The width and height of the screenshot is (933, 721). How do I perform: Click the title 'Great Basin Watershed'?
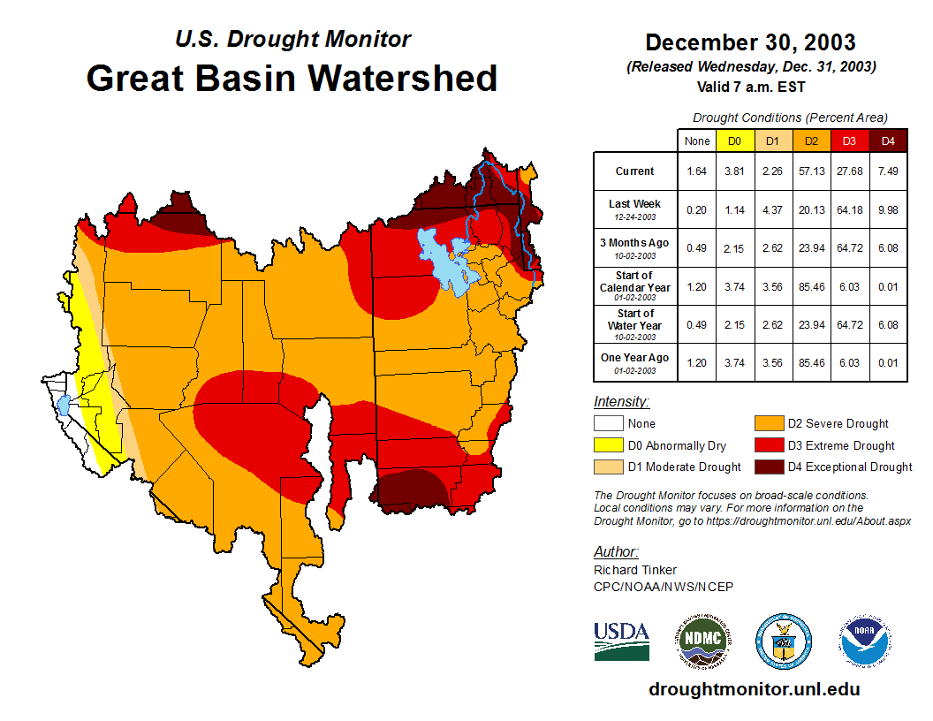[292, 78]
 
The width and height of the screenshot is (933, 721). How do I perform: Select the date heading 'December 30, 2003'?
[750, 42]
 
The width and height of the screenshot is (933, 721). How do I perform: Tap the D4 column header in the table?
[888, 140]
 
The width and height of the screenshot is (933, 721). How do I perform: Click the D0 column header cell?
[733, 140]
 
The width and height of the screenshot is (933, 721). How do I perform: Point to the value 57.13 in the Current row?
[811, 171]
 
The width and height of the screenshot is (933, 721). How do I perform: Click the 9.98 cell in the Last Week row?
[888, 209]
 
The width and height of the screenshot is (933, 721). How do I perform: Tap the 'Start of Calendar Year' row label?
[635, 281]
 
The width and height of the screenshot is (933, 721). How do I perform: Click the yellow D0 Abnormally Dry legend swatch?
[606, 445]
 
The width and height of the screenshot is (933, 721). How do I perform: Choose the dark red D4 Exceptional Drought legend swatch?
[768, 467]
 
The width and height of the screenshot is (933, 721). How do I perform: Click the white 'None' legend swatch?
[606, 424]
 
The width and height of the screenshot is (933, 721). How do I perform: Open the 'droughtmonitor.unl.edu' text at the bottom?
[754, 689]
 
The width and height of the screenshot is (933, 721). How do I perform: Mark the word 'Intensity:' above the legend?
[621, 402]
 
